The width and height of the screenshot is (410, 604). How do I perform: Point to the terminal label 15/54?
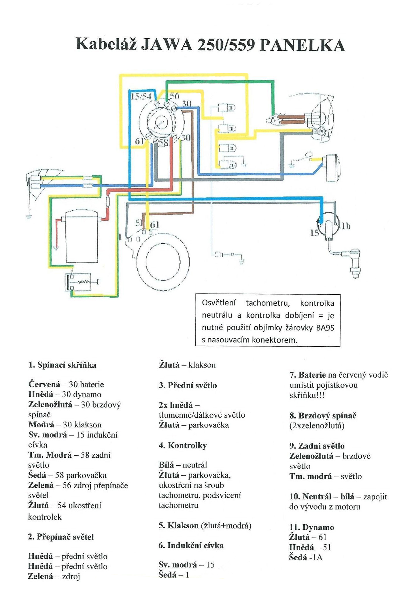[141, 96]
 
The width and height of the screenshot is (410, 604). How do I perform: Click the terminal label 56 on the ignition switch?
[174, 96]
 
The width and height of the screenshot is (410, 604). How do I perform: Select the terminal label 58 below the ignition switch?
[163, 142]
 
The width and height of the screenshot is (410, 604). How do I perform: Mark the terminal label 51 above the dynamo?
[139, 223]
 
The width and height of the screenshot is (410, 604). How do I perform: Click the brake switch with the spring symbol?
[81, 282]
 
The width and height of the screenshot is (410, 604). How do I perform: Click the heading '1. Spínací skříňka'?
[62, 365]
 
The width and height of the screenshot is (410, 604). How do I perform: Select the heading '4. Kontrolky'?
[183, 446]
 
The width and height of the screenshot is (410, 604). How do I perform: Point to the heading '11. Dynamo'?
[311, 527]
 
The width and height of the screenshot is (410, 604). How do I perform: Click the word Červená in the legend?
[44, 385]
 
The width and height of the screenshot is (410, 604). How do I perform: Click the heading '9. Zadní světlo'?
[317, 446]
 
